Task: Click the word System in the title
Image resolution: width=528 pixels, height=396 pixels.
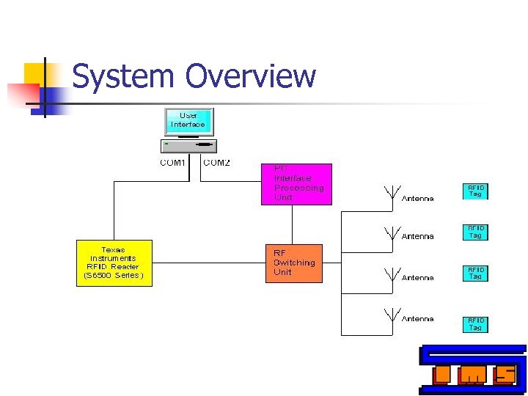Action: coord(124,76)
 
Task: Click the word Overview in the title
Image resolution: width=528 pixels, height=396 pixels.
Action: coord(250,76)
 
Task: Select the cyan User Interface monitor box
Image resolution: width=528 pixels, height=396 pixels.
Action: coord(188,122)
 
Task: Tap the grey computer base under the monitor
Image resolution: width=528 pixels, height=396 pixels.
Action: coord(188,145)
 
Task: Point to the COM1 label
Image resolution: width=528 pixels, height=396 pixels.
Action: coord(173,163)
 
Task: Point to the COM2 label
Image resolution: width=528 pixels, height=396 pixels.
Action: coord(216,163)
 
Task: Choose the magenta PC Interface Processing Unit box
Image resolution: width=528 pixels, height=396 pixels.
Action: coord(296,183)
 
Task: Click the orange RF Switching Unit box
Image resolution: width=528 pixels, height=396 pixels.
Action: coord(293,263)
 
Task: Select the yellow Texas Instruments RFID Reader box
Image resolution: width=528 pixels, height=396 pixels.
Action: coord(114,263)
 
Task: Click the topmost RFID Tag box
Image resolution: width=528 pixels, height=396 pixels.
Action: coord(475,191)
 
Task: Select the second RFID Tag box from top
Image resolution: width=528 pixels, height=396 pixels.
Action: coord(475,232)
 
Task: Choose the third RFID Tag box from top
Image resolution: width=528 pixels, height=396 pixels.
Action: coord(475,273)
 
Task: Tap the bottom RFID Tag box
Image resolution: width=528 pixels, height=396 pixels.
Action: coord(475,323)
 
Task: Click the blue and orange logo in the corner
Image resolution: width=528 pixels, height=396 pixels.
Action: coord(472,370)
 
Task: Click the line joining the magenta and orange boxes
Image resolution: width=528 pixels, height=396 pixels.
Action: coord(293,224)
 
